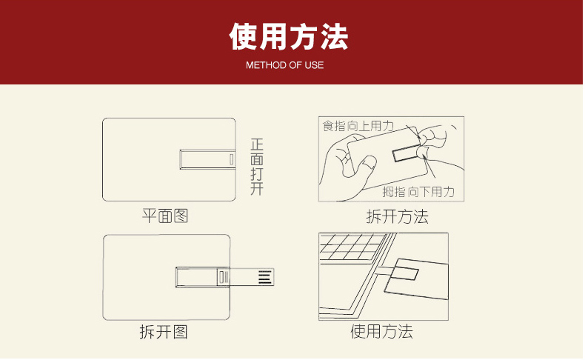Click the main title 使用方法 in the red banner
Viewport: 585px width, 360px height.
click(289, 36)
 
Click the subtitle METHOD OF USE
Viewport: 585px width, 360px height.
click(284, 65)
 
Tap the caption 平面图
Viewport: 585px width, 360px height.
click(165, 216)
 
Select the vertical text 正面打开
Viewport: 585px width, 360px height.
click(257, 167)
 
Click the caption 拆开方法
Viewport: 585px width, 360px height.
click(398, 216)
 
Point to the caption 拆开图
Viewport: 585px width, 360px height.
click(164, 332)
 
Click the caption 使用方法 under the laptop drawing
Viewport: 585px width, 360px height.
click(381, 331)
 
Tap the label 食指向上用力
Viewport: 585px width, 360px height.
click(358, 126)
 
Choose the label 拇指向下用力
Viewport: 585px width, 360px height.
click(418, 192)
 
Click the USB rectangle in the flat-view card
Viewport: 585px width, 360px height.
click(207, 159)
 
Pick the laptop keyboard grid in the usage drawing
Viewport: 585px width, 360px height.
click(352, 247)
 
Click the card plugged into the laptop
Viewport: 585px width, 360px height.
click(416, 279)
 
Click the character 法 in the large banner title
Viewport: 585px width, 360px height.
click(334, 36)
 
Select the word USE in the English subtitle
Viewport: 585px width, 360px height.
click(314, 65)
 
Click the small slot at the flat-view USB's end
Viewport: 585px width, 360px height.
click(232, 159)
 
